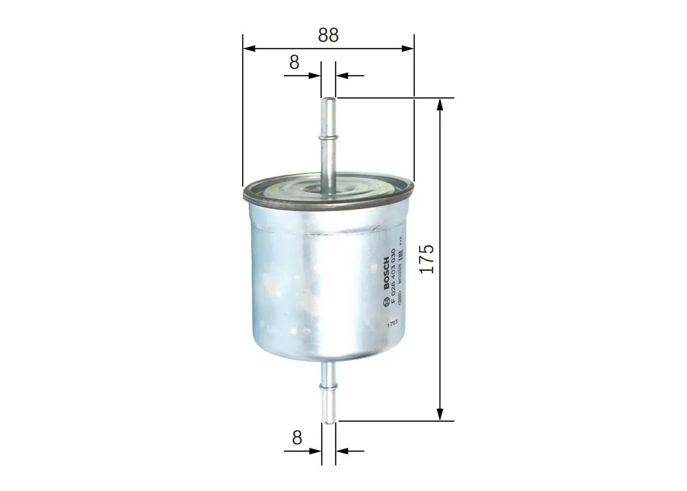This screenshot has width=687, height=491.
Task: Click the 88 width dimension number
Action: pos(328,36)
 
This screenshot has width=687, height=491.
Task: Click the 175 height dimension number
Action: pos(427,259)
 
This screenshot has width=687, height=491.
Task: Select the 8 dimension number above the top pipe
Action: pos(294,63)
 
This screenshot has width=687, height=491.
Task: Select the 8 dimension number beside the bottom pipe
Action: pos(297,438)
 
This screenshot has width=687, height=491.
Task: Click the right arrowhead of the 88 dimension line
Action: pos(408,49)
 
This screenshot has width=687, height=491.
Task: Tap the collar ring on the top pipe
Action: pos(328,137)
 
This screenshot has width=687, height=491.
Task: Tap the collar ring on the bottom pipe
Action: pos(329,386)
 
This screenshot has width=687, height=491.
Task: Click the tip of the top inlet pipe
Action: pos(328,101)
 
